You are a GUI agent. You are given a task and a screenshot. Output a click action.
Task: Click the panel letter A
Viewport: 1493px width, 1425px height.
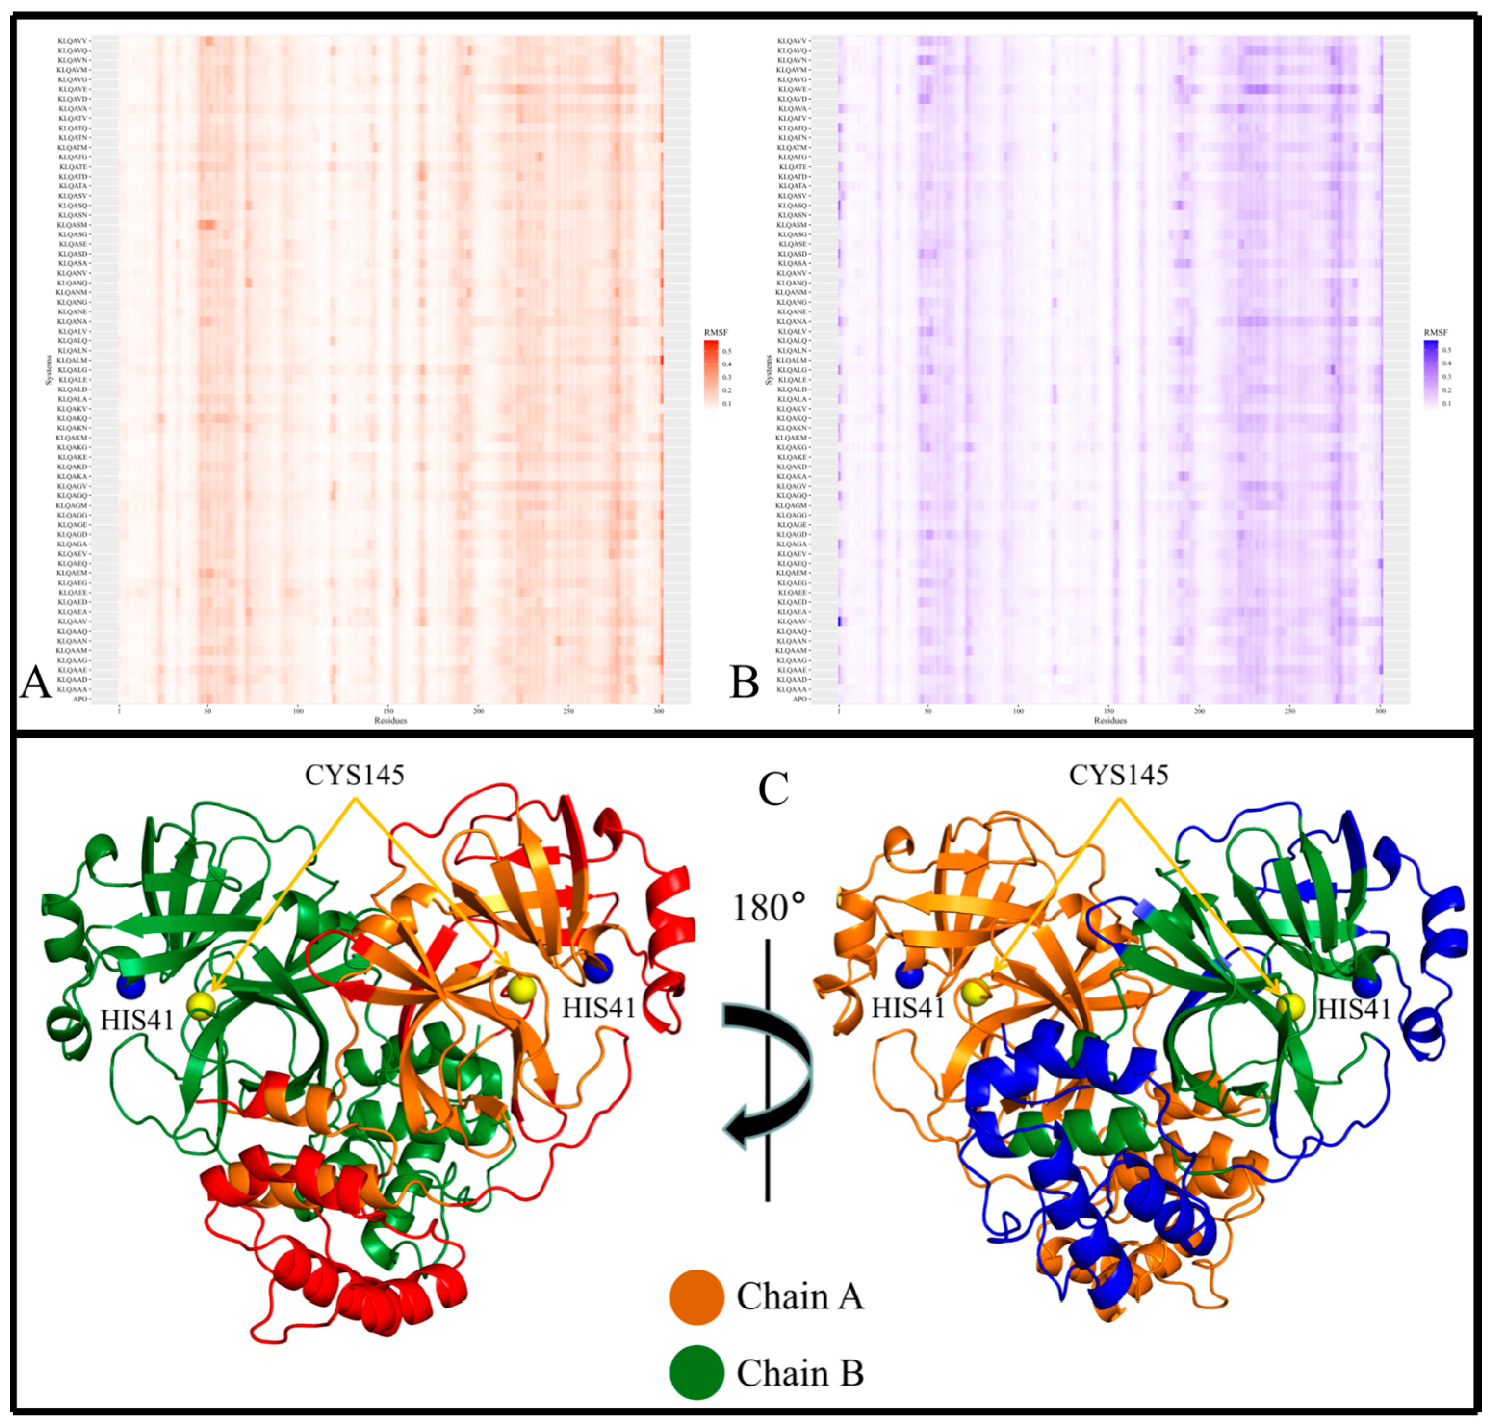click(35, 681)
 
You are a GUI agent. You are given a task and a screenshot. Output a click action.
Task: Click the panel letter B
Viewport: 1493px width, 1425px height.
click(744, 681)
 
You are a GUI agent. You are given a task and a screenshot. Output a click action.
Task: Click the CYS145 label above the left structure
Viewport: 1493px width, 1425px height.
click(355, 775)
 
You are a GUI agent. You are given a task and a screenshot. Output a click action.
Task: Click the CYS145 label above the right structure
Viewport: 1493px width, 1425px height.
click(1119, 775)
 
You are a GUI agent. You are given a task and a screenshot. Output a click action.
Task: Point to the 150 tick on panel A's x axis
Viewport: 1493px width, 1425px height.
click(389, 711)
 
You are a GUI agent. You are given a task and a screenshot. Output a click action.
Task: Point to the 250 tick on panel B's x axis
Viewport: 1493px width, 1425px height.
click(1289, 711)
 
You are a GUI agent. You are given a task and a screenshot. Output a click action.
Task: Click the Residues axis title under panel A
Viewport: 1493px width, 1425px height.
click(390, 720)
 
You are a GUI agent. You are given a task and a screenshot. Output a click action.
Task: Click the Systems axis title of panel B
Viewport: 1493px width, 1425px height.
click(769, 369)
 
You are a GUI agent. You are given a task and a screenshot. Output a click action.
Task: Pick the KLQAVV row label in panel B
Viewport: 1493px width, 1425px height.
click(792, 40)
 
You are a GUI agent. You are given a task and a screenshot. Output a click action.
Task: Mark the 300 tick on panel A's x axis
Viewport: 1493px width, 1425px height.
click(658, 711)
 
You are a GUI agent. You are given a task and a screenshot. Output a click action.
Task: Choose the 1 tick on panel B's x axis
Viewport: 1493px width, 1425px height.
click(838, 711)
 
